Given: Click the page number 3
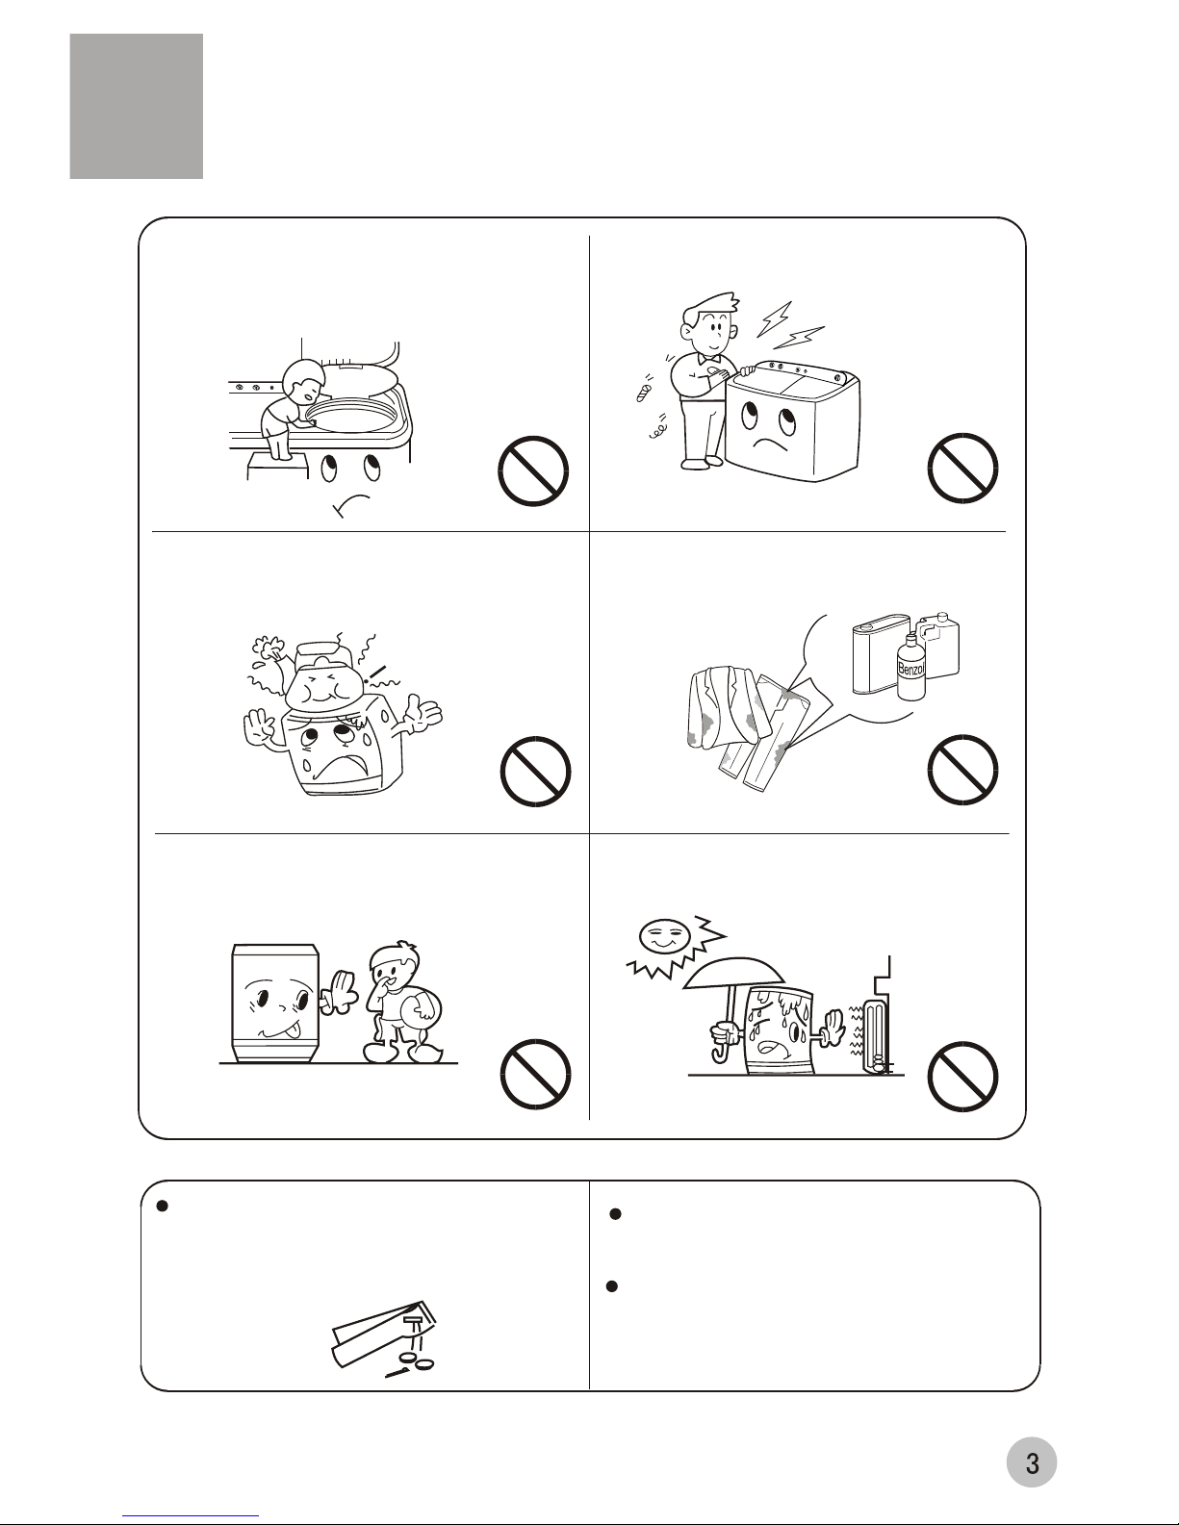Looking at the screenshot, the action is click(1032, 1462).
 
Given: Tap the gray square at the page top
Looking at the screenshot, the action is click(136, 106).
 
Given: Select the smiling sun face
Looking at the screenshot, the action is click(662, 935).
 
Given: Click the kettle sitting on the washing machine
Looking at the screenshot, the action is click(320, 678).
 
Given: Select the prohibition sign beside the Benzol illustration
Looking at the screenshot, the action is click(962, 770).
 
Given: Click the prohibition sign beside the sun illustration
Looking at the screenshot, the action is click(962, 1077).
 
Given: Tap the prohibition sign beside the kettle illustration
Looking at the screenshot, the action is click(535, 772).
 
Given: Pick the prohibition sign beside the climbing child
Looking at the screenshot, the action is click(533, 470).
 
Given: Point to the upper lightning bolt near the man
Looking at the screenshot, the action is click(774, 318).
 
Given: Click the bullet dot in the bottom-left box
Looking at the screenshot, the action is click(162, 1206).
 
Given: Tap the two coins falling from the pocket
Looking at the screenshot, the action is click(418, 1363).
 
